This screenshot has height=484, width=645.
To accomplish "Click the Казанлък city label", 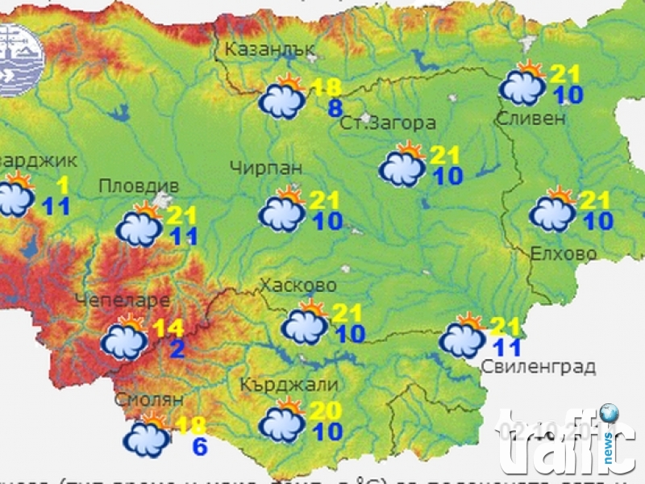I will [269, 49].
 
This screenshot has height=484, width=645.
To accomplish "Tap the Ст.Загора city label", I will [388, 123].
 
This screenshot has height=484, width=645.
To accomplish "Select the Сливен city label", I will [532, 119].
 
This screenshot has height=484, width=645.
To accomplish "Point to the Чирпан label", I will [265, 168].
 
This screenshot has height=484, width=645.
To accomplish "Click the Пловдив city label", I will [129, 186].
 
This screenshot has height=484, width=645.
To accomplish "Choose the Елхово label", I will [564, 254].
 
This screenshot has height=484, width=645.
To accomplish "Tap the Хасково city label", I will [298, 286].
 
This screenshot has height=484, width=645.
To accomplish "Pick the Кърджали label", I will [289, 385].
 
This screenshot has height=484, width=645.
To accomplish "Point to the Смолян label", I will [149, 399].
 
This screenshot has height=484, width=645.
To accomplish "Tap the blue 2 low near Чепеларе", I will [177, 348].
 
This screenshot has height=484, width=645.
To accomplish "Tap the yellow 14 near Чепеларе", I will [169, 328].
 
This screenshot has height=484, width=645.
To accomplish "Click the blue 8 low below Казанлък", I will [335, 109].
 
